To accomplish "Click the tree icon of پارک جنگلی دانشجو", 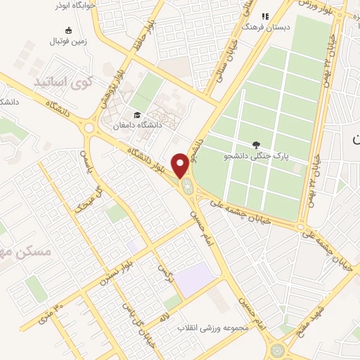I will [265, 143].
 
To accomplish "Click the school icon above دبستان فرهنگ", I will [266, 15].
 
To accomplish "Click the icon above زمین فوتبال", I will [68, 30].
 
